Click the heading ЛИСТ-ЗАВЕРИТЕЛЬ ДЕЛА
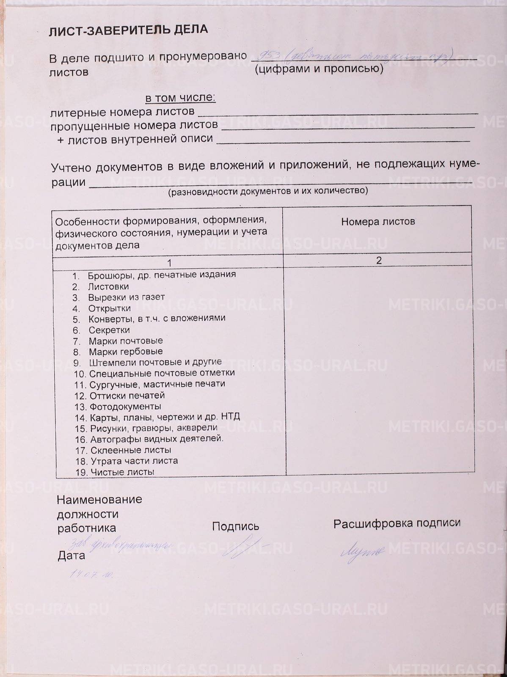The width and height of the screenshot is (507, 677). pos(128,30)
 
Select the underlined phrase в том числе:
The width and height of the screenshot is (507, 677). pos(180,98)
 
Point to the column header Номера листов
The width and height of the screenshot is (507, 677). pos(378,221)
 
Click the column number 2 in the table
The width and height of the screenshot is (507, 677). pos(379,260)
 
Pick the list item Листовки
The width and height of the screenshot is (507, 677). pos(108,286)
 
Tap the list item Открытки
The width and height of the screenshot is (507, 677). pos(110,308)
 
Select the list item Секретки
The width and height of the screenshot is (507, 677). pos(109,330)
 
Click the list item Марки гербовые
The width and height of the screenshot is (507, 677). pos(126,352)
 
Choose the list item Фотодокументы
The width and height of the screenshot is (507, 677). pos(125,407)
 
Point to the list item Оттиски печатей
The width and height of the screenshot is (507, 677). pos(127,396)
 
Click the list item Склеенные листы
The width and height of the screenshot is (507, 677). pos(130,450)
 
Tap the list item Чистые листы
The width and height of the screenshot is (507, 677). pos(122,472)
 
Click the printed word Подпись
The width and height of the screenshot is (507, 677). pos(235,526)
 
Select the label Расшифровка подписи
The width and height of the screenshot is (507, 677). pos(397,523)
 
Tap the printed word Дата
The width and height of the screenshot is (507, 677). pos(71,556)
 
